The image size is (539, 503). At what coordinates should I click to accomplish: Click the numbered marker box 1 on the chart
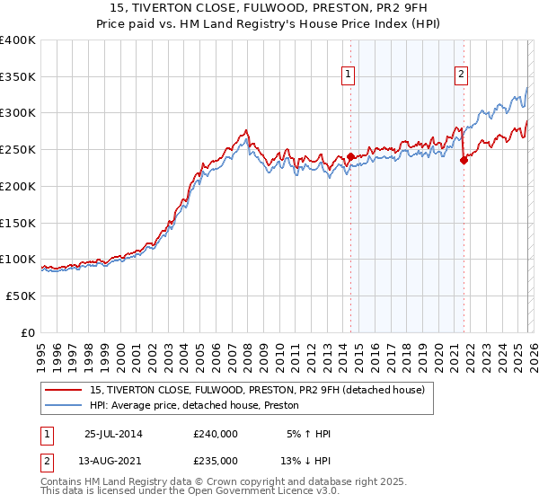(x=348, y=75)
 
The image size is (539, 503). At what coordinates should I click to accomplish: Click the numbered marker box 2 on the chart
(x=461, y=75)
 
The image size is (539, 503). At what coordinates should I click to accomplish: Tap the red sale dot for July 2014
(x=350, y=157)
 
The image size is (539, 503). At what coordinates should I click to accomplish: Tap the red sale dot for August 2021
(x=464, y=161)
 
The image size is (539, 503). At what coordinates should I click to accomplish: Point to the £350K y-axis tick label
(x=18, y=76)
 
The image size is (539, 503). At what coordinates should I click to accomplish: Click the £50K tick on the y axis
(x=21, y=296)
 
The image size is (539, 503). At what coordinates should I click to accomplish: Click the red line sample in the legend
(x=64, y=389)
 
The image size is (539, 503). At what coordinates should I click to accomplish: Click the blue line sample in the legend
(x=64, y=405)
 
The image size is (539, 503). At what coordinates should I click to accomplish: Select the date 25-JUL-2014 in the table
(x=113, y=434)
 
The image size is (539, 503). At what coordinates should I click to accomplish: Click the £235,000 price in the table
(x=216, y=460)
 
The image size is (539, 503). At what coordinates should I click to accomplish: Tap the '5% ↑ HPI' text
(x=308, y=434)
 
